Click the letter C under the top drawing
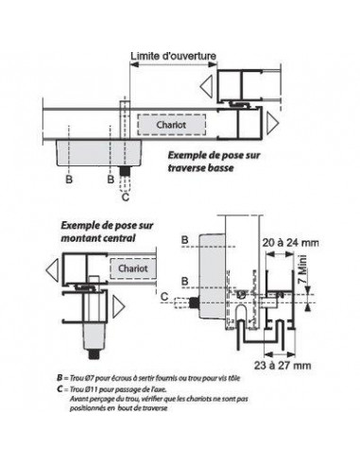(x=127, y=198)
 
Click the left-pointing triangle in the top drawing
(x=206, y=87)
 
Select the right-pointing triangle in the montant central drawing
(x=117, y=307)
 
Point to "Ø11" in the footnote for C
(x=93, y=388)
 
